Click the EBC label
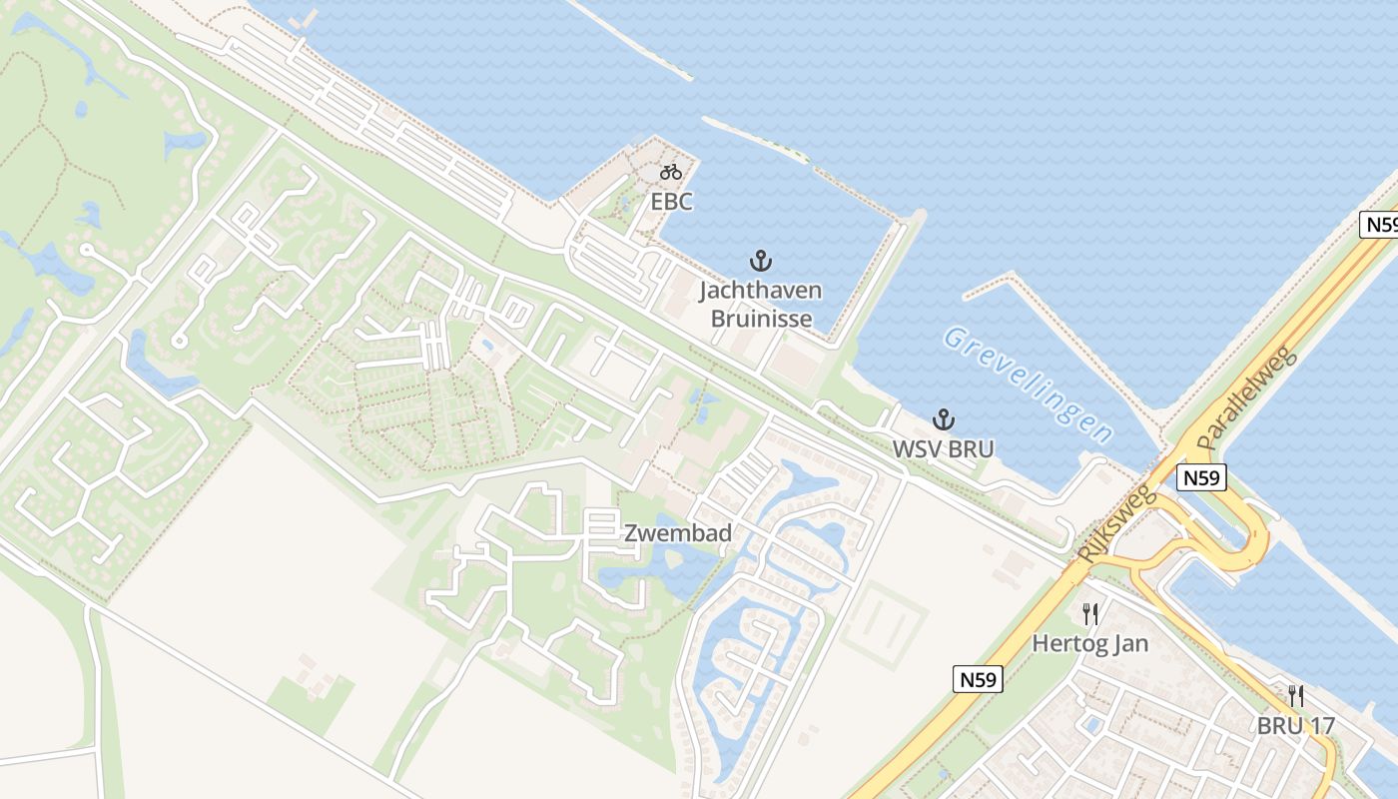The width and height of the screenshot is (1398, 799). [x=671, y=201]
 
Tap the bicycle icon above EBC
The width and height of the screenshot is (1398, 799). [x=671, y=172]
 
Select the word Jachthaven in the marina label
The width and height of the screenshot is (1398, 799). [x=761, y=291]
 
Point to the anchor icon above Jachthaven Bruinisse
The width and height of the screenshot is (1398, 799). [x=761, y=262]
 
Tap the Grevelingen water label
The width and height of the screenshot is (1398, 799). [x=1029, y=384]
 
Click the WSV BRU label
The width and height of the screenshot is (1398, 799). [x=943, y=449]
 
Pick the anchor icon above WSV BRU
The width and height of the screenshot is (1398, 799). [x=943, y=419]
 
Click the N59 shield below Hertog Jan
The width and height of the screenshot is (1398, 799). [x=977, y=680]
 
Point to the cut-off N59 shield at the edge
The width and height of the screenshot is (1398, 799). [x=1381, y=225]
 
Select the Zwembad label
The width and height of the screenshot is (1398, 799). [x=678, y=533]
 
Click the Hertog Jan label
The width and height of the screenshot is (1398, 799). [x=1089, y=643]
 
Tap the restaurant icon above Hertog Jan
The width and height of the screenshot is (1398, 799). [x=1090, y=613]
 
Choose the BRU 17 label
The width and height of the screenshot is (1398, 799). [x=1295, y=726]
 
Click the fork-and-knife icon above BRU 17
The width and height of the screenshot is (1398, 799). [x=1295, y=696]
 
